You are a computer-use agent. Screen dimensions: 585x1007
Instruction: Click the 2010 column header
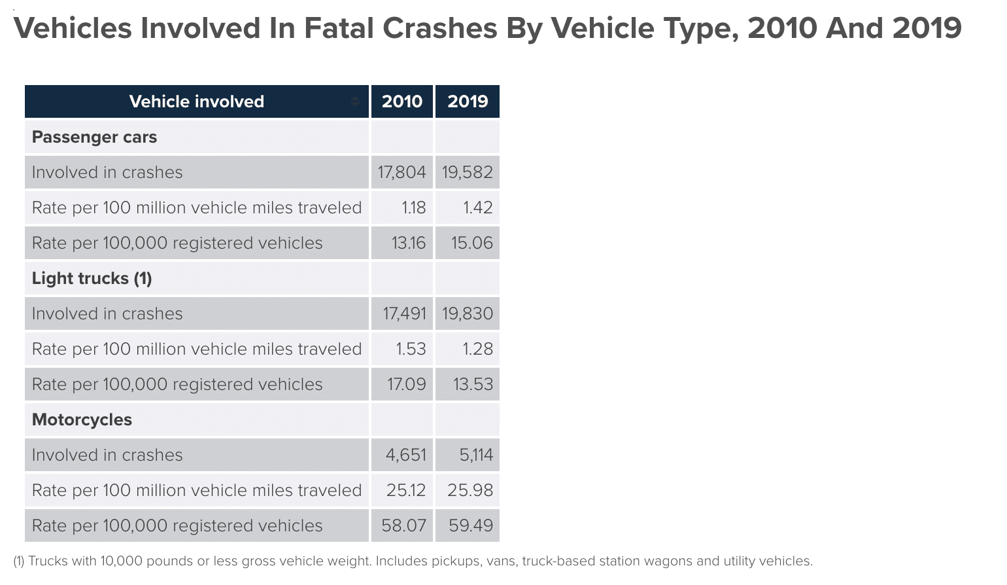pos(401,101)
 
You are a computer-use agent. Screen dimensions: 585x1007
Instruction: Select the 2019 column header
pos(468,101)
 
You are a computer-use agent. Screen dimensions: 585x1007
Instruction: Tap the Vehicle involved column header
pos(196,101)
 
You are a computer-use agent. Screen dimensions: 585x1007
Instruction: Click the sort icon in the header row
pos(355,101)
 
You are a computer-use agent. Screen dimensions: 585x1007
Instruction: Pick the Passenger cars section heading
pos(94,137)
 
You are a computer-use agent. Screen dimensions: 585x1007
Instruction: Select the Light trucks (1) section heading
pos(92,278)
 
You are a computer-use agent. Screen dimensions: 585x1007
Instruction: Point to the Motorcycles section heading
pos(82,419)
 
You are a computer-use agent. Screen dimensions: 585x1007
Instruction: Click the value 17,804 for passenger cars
pos(401,172)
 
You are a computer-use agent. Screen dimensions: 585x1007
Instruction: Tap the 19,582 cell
pos(467,172)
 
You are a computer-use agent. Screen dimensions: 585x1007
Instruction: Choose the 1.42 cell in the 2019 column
pos(477,207)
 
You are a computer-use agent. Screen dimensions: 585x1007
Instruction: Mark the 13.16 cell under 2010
pos(408,243)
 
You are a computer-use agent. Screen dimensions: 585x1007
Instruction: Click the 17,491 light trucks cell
pos(404,313)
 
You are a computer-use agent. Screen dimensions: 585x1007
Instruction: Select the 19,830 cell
pos(467,313)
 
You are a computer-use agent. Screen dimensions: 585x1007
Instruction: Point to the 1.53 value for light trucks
pos(411,349)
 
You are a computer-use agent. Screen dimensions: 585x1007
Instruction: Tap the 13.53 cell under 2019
pos(473,384)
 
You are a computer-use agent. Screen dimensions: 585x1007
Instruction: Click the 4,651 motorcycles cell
pos(405,455)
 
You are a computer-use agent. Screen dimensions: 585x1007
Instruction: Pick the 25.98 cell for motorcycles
pos(470,490)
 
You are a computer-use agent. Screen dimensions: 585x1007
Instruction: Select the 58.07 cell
pos(403,525)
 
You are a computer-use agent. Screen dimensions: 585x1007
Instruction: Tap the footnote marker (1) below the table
pos(19,561)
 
